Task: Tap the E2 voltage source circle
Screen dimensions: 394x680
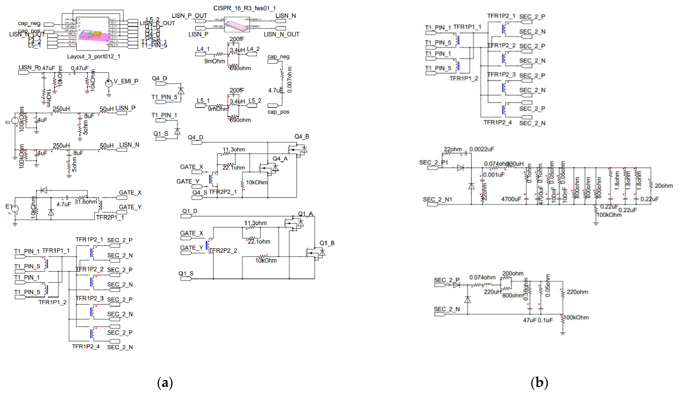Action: click(15, 121)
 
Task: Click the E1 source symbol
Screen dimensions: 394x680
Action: click(15, 208)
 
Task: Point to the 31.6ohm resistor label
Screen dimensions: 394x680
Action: click(85, 202)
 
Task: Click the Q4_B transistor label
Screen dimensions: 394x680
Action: click(301, 137)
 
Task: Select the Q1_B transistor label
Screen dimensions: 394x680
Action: click(327, 243)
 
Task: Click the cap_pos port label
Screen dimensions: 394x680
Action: click(278, 112)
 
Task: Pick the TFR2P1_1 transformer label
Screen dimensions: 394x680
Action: click(110, 217)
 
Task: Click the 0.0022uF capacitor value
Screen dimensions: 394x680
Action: click(482, 149)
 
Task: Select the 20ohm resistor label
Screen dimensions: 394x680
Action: click(664, 186)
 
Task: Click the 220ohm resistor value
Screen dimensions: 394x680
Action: click(577, 292)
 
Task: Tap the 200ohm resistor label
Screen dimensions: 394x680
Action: click(513, 273)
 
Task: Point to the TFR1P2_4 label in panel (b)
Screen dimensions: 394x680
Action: click(497, 122)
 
